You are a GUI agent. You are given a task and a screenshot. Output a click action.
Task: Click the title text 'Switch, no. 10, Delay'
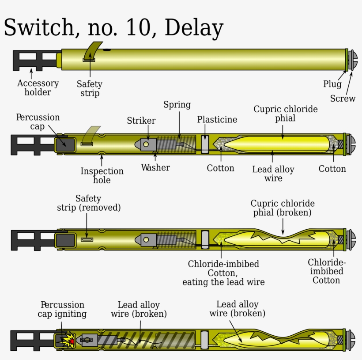113,28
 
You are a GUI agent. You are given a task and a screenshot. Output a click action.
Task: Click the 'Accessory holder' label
38,87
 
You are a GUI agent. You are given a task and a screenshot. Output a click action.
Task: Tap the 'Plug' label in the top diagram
332,84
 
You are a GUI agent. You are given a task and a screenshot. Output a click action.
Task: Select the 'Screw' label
343,99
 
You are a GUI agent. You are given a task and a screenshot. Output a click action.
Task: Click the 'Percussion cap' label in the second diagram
38,122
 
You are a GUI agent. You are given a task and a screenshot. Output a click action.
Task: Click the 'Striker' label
141,121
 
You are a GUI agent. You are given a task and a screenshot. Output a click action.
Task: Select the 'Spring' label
177,105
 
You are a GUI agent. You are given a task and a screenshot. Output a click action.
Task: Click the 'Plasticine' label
217,120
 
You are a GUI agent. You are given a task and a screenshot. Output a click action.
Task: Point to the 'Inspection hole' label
102,175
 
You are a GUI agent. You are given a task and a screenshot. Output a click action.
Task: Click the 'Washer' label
155,167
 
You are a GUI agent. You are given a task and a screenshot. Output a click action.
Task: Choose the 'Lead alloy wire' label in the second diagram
273,174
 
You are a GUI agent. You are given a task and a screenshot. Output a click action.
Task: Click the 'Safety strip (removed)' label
89,203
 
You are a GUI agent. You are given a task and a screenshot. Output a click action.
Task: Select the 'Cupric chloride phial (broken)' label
283,208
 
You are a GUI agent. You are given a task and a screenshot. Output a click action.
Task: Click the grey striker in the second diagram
148,144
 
